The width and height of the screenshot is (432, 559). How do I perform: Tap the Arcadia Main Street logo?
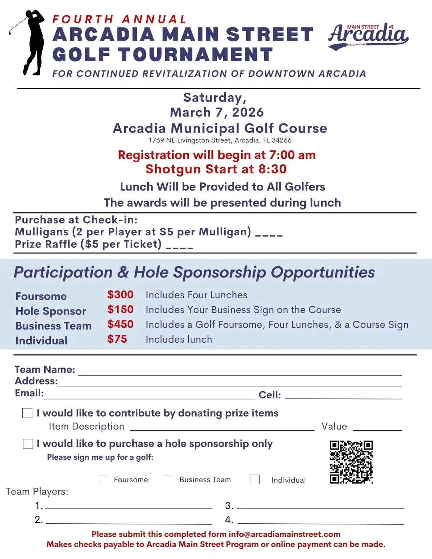(368, 36)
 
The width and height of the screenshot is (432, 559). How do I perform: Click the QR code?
(351, 462)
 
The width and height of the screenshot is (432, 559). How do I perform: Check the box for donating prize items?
(27, 413)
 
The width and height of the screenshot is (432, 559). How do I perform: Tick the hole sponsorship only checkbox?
(28, 443)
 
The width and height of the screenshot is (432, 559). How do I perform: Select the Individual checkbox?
(255, 479)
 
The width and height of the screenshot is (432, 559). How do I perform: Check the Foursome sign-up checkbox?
(102, 479)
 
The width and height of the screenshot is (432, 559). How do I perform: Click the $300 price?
(120, 294)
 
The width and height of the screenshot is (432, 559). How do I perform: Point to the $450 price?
(120, 324)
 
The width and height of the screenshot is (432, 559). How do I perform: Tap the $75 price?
(117, 339)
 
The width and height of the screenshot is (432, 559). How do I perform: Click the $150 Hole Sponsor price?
(120, 310)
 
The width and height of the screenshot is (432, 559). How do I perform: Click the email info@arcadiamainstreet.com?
(284, 534)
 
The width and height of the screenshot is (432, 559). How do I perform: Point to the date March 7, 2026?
(217, 112)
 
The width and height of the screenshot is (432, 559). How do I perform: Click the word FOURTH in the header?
(83, 19)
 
